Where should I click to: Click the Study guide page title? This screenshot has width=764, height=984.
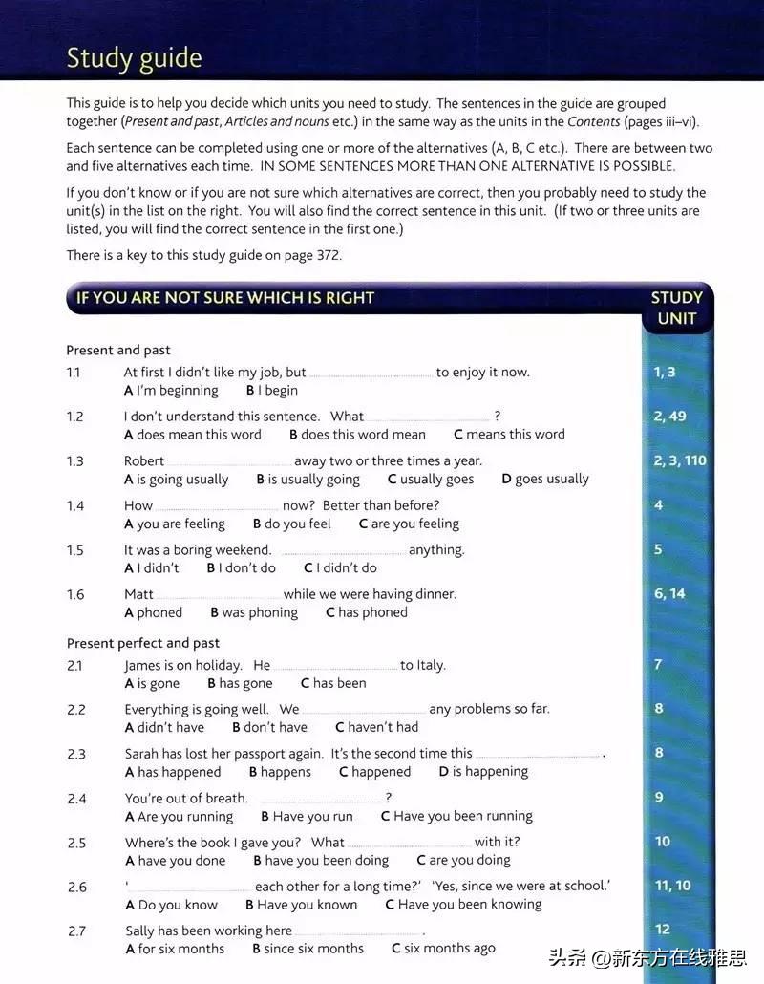pos(134,58)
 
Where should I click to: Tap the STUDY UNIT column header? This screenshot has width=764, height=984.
pos(676,308)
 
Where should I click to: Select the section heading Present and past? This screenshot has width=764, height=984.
pos(118,350)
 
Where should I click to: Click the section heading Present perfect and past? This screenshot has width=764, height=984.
pos(143,643)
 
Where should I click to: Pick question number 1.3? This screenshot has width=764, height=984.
pos(75,460)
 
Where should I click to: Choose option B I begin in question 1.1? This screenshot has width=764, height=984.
pos(272,390)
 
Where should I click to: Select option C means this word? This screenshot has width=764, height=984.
pos(509,434)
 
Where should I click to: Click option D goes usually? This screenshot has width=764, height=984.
pos(545,479)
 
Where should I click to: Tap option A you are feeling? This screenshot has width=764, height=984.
pos(175,524)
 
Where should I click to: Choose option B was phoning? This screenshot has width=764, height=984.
pos(254,612)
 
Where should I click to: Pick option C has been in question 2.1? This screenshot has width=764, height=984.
pos(333,683)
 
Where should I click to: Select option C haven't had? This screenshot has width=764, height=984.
pos(376,727)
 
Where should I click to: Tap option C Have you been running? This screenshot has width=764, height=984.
pos(456,816)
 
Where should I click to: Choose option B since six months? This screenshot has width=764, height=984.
pos(308,949)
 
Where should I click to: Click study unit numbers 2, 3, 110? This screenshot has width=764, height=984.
pos(680,460)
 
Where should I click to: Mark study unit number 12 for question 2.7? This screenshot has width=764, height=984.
pos(663,929)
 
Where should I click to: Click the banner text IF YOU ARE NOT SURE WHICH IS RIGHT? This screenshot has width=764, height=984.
pos(225,297)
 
